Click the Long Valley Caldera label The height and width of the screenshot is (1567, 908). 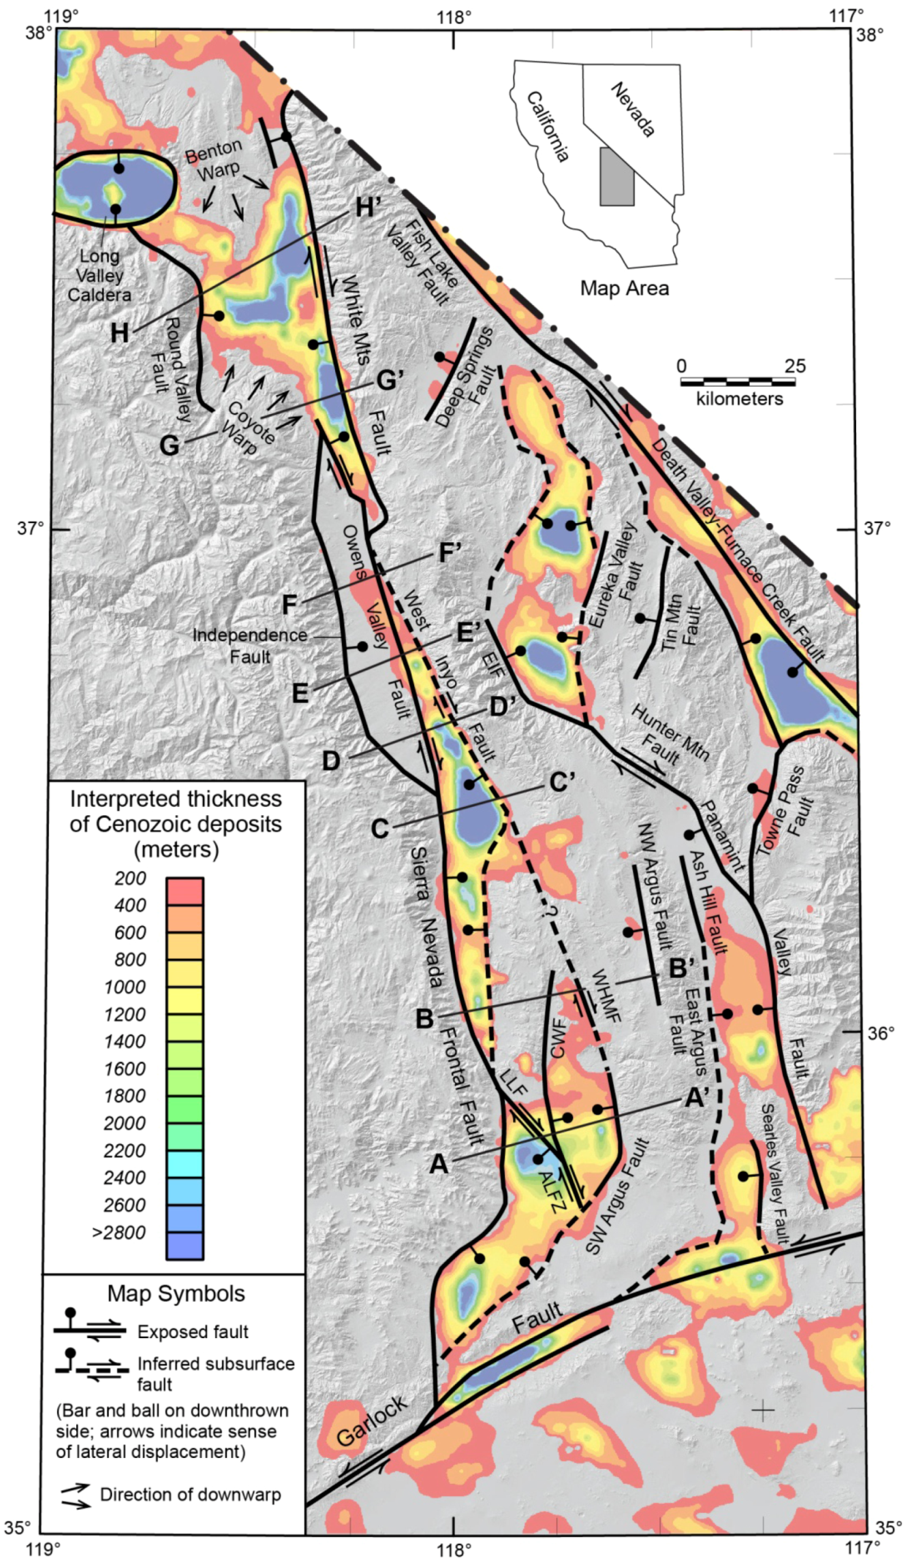pos(99,275)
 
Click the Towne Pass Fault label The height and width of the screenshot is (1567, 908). pos(789,810)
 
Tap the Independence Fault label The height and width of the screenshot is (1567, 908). pos(249,646)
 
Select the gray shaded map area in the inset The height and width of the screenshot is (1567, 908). pos(616,176)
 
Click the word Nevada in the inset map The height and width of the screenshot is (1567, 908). pos(633,110)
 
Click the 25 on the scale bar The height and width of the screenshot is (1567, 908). pos(794,366)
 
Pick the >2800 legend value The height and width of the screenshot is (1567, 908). pos(119,1232)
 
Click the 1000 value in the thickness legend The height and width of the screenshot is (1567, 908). pos(125,987)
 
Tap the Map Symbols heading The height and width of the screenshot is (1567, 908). pos(176,1293)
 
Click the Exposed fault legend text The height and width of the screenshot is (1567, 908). pos(193,1331)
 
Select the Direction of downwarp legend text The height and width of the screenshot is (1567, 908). pos(190,1494)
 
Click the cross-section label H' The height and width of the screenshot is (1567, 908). pos(367,207)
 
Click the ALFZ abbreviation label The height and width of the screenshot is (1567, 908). pos(552,1192)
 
